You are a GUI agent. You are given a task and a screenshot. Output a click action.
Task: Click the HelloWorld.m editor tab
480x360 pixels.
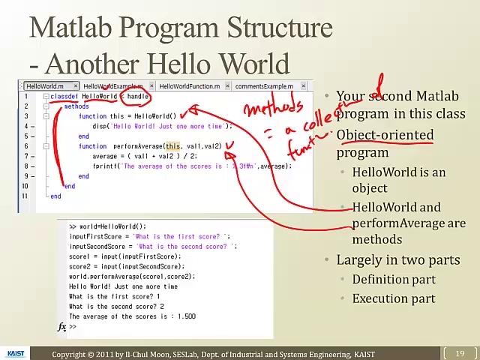45,86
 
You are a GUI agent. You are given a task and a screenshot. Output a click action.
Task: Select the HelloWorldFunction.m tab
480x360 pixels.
189,86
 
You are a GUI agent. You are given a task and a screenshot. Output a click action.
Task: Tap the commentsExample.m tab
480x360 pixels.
264,86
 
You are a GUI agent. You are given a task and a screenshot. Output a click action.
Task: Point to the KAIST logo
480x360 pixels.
16,353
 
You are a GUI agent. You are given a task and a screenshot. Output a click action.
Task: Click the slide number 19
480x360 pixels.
460,353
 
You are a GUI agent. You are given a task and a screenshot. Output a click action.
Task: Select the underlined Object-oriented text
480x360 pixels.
385,136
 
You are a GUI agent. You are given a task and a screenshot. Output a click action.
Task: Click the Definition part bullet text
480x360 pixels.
394,280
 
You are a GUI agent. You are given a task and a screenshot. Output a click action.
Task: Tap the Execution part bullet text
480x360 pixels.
394,298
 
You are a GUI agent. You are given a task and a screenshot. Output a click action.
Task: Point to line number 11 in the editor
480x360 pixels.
25,196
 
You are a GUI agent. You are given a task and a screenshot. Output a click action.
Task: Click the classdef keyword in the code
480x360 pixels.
64,97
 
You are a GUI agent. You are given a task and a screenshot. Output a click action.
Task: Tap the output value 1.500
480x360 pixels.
186,316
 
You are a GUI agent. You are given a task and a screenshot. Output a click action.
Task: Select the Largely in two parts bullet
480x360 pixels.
397,260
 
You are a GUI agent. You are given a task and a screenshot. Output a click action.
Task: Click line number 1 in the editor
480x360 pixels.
25,97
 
